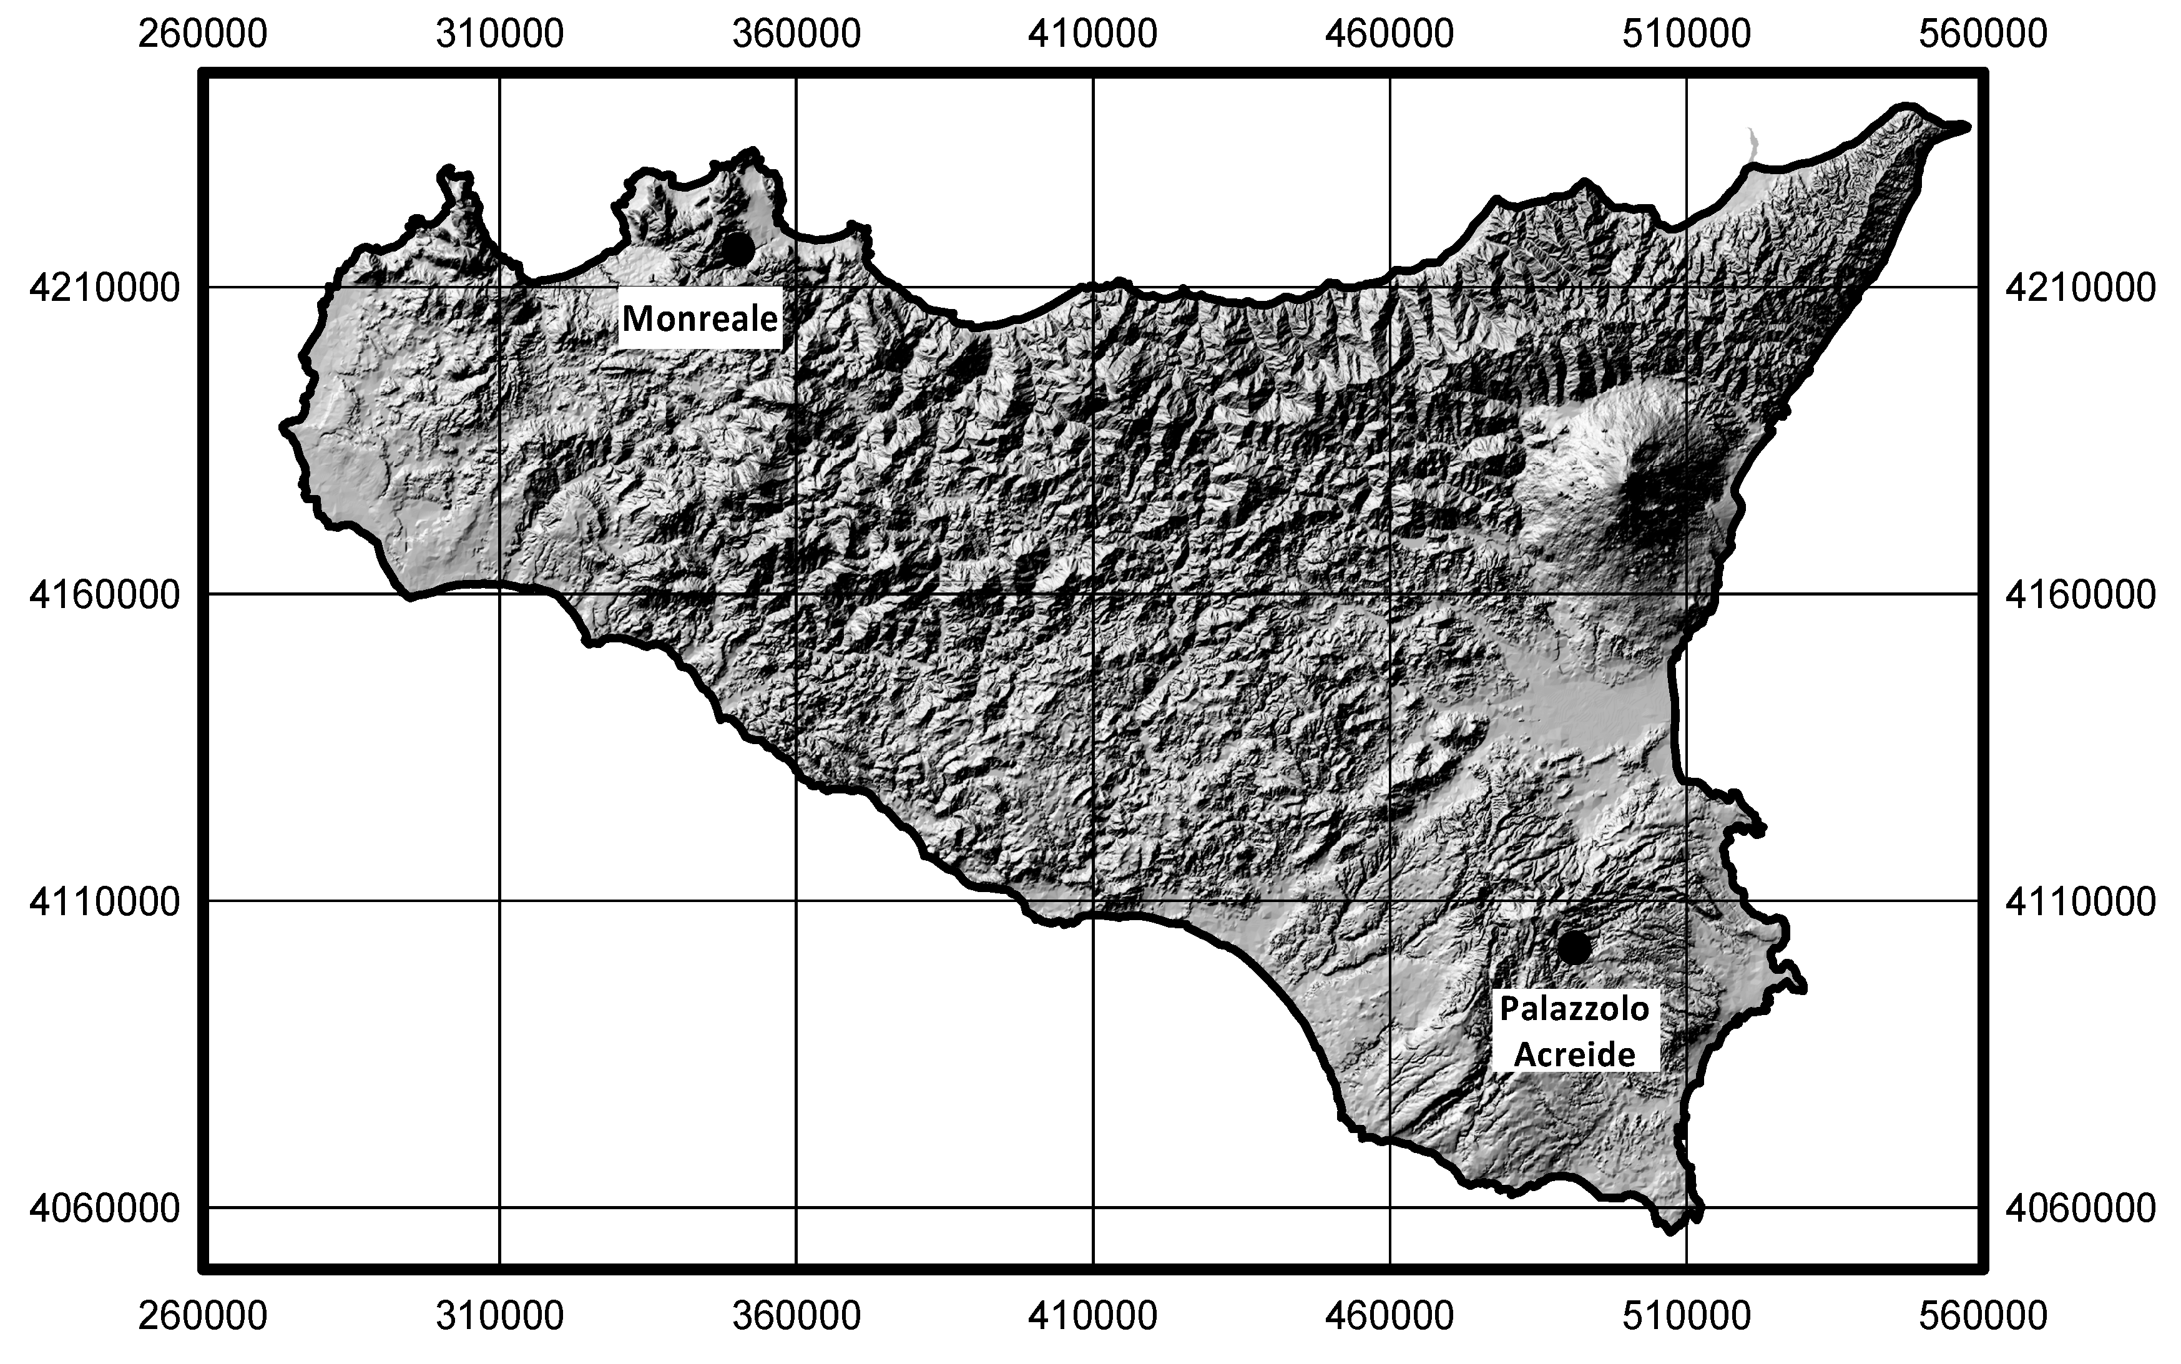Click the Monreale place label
point(699,318)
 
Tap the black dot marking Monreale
point(738,249)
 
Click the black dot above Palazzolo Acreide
point(1573,947)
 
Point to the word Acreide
point(1574,1054)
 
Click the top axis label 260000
point(202,34)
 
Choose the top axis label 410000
point(1092,34)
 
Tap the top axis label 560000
point(1983,34)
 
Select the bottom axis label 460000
point(1389,1316)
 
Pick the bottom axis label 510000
point(1686,1316)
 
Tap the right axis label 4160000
point(2080,594)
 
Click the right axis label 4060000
point(2080,1208)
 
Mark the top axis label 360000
point(795,34)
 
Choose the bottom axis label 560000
point(1983,1316)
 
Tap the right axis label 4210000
point(2080,288)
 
